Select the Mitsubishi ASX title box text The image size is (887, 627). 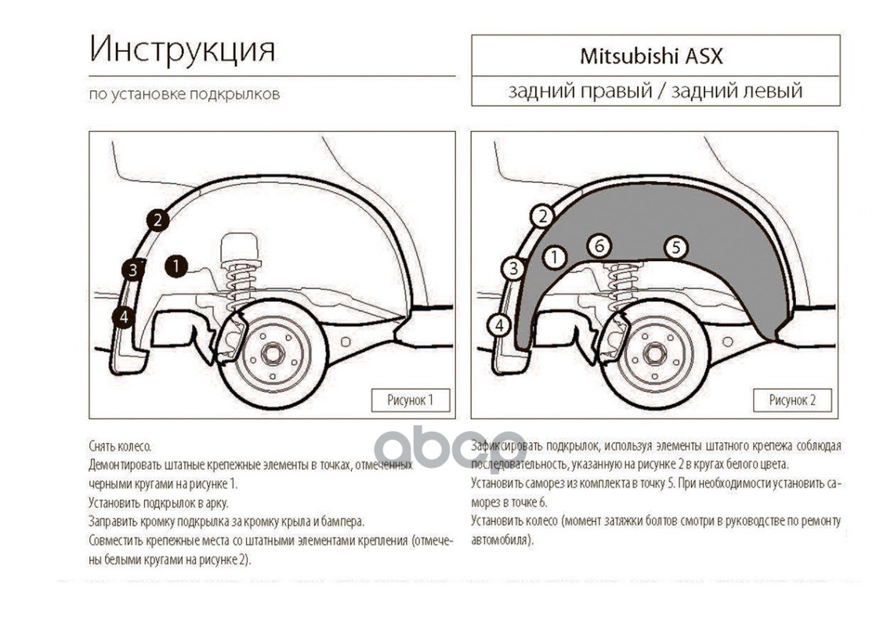tap(651, 56)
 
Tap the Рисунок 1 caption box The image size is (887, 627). tap(410, 400)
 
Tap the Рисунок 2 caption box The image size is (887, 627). tap(792, 400)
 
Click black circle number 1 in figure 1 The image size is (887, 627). tap(176, 266)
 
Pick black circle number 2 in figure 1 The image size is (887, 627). tap(157, 220)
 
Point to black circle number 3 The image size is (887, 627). tap(133, 270)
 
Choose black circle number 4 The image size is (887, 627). tap(122, 317)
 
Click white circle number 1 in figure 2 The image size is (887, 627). tap(554, 256)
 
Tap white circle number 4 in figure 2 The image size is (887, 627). tap(498, 324)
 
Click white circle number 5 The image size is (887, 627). tap(675, 248)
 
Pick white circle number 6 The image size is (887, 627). tap(599, 245)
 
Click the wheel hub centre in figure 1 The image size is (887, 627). tap(273, 354)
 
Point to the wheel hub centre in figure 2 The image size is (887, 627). tap(655, 354)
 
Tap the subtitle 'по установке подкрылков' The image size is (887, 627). tap(184, 95)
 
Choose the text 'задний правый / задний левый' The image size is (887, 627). tap(655, 91)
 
